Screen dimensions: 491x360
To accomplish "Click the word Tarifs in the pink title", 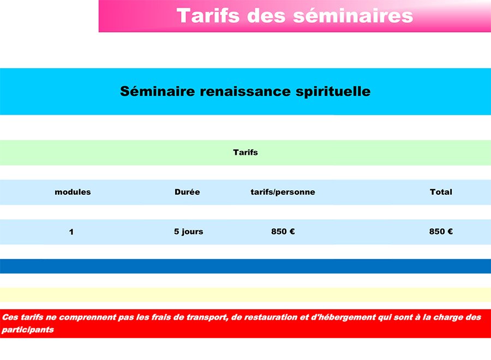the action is [x=208, y=16].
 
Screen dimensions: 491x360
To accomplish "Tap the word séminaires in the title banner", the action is [x=353, y=16].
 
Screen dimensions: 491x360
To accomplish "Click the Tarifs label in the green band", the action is [x=245, y=152].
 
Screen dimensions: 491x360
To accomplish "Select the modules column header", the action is [x=73, y=192].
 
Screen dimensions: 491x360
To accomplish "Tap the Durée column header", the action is [x=187, y=192].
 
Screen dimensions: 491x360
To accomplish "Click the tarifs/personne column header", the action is [x=283, y=192].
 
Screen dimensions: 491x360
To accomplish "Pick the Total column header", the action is [x=441, y=192].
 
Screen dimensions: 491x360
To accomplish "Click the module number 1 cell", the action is [x=71, y=232].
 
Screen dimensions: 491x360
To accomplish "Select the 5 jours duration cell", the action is [x=189, y=232].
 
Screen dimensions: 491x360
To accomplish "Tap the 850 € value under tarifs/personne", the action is [x=283, y=231].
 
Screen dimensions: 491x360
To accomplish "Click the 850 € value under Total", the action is [x=441, y=231].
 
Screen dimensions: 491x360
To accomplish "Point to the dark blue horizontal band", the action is [x=245, y=266].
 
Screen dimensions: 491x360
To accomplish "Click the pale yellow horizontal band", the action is [x=245, y=295].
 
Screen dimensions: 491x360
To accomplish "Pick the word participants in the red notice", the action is [x=28, y=330].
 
